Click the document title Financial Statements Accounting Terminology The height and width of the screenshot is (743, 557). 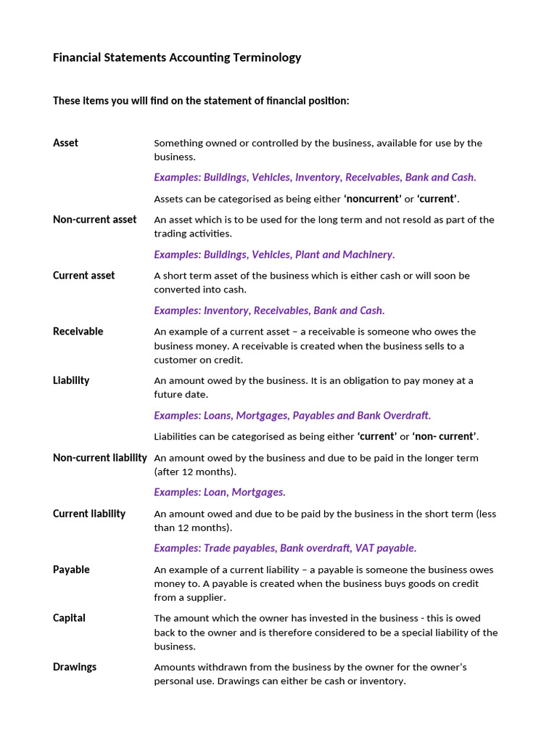coord(177,57)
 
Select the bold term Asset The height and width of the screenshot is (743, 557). coord(65,143)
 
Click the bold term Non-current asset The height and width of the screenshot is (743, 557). coord(94,219)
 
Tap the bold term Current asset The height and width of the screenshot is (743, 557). coord(83,276)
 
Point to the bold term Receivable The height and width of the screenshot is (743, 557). coord(78,332)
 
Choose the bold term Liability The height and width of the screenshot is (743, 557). coord(71,380)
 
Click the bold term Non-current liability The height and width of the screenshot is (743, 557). coord(99,458)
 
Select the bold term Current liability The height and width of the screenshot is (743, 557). coord(88,514)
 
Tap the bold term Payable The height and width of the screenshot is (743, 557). coord(71,570)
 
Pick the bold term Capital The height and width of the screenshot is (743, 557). coord(69,618)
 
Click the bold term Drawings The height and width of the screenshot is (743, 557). coord(74,667)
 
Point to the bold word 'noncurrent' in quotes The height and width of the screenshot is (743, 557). coord(372,199)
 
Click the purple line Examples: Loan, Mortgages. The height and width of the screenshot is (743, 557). coord(220,492)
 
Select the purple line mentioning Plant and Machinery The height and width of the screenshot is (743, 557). coord(274,255)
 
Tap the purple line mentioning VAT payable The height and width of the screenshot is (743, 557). coord(285,548)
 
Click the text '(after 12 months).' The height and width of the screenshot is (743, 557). coord(194,472)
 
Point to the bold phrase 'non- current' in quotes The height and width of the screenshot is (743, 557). coord(445,436)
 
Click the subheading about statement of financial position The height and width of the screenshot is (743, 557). coord(201,101)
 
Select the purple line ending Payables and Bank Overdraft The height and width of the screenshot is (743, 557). coord(292,415)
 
